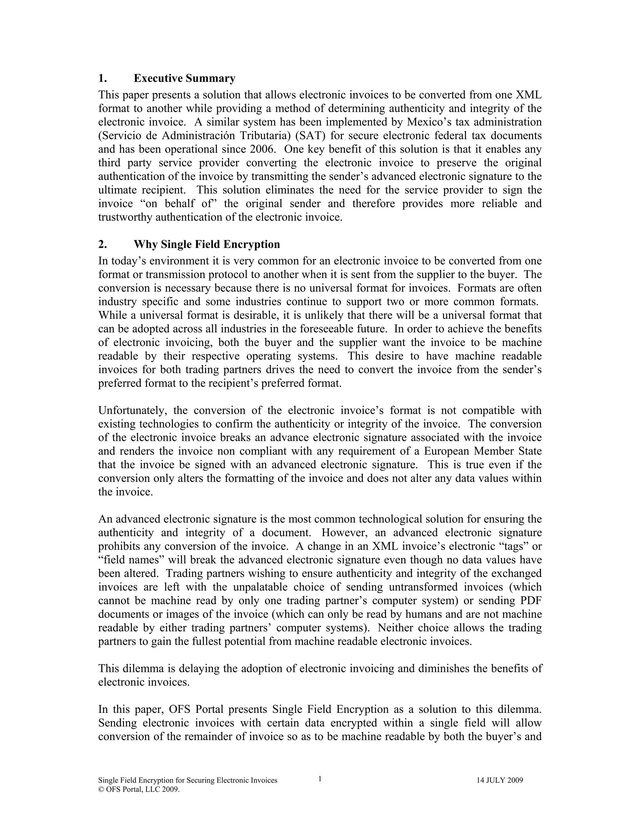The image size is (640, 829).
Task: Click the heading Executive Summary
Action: point(184,79)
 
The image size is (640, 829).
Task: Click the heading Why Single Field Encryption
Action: point(207,244)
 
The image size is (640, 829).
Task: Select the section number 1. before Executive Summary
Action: point(102,79)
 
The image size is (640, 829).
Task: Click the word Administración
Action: point(198,135)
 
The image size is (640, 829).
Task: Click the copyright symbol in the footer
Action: point(101,790)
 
